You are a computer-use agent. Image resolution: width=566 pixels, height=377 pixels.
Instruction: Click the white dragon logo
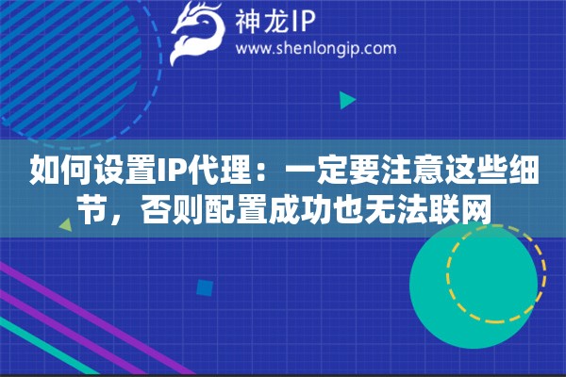(199, 31)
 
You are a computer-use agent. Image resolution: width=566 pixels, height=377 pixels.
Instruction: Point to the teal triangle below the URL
(347, 99)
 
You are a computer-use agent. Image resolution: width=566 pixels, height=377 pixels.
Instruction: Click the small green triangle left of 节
(65, 225)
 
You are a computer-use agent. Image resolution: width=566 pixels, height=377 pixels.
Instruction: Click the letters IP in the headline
(171, 172)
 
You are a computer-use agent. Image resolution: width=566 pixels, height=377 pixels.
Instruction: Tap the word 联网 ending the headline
(463, 210)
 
